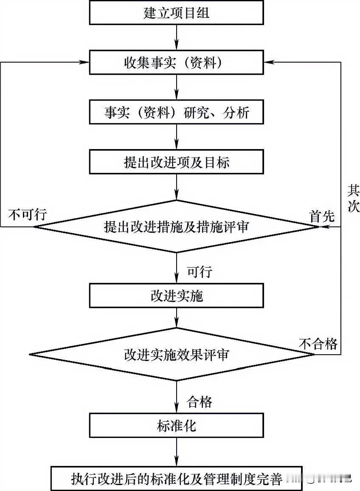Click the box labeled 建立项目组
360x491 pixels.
(x=176, y=13)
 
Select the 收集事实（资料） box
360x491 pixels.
(x=176, y=63)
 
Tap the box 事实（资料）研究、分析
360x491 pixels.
(x=176, y=113)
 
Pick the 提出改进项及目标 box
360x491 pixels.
(x=176, y=162)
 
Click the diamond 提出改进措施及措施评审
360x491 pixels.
(x=176, y=226)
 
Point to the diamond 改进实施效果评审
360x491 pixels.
(x=176, y=354)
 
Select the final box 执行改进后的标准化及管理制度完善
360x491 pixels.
(x=176, y=479)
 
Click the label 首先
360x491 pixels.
(x=322, y=217)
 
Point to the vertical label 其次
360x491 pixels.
(x=353, y=198)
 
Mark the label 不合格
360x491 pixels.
(x=318, y=344)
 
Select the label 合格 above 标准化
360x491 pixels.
(x=199, y=401)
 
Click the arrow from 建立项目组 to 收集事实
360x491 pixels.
(x=176, y=37)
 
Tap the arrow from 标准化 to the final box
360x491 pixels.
(x=176, y=453)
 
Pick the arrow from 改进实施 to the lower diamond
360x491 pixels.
(x=176, y=317)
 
